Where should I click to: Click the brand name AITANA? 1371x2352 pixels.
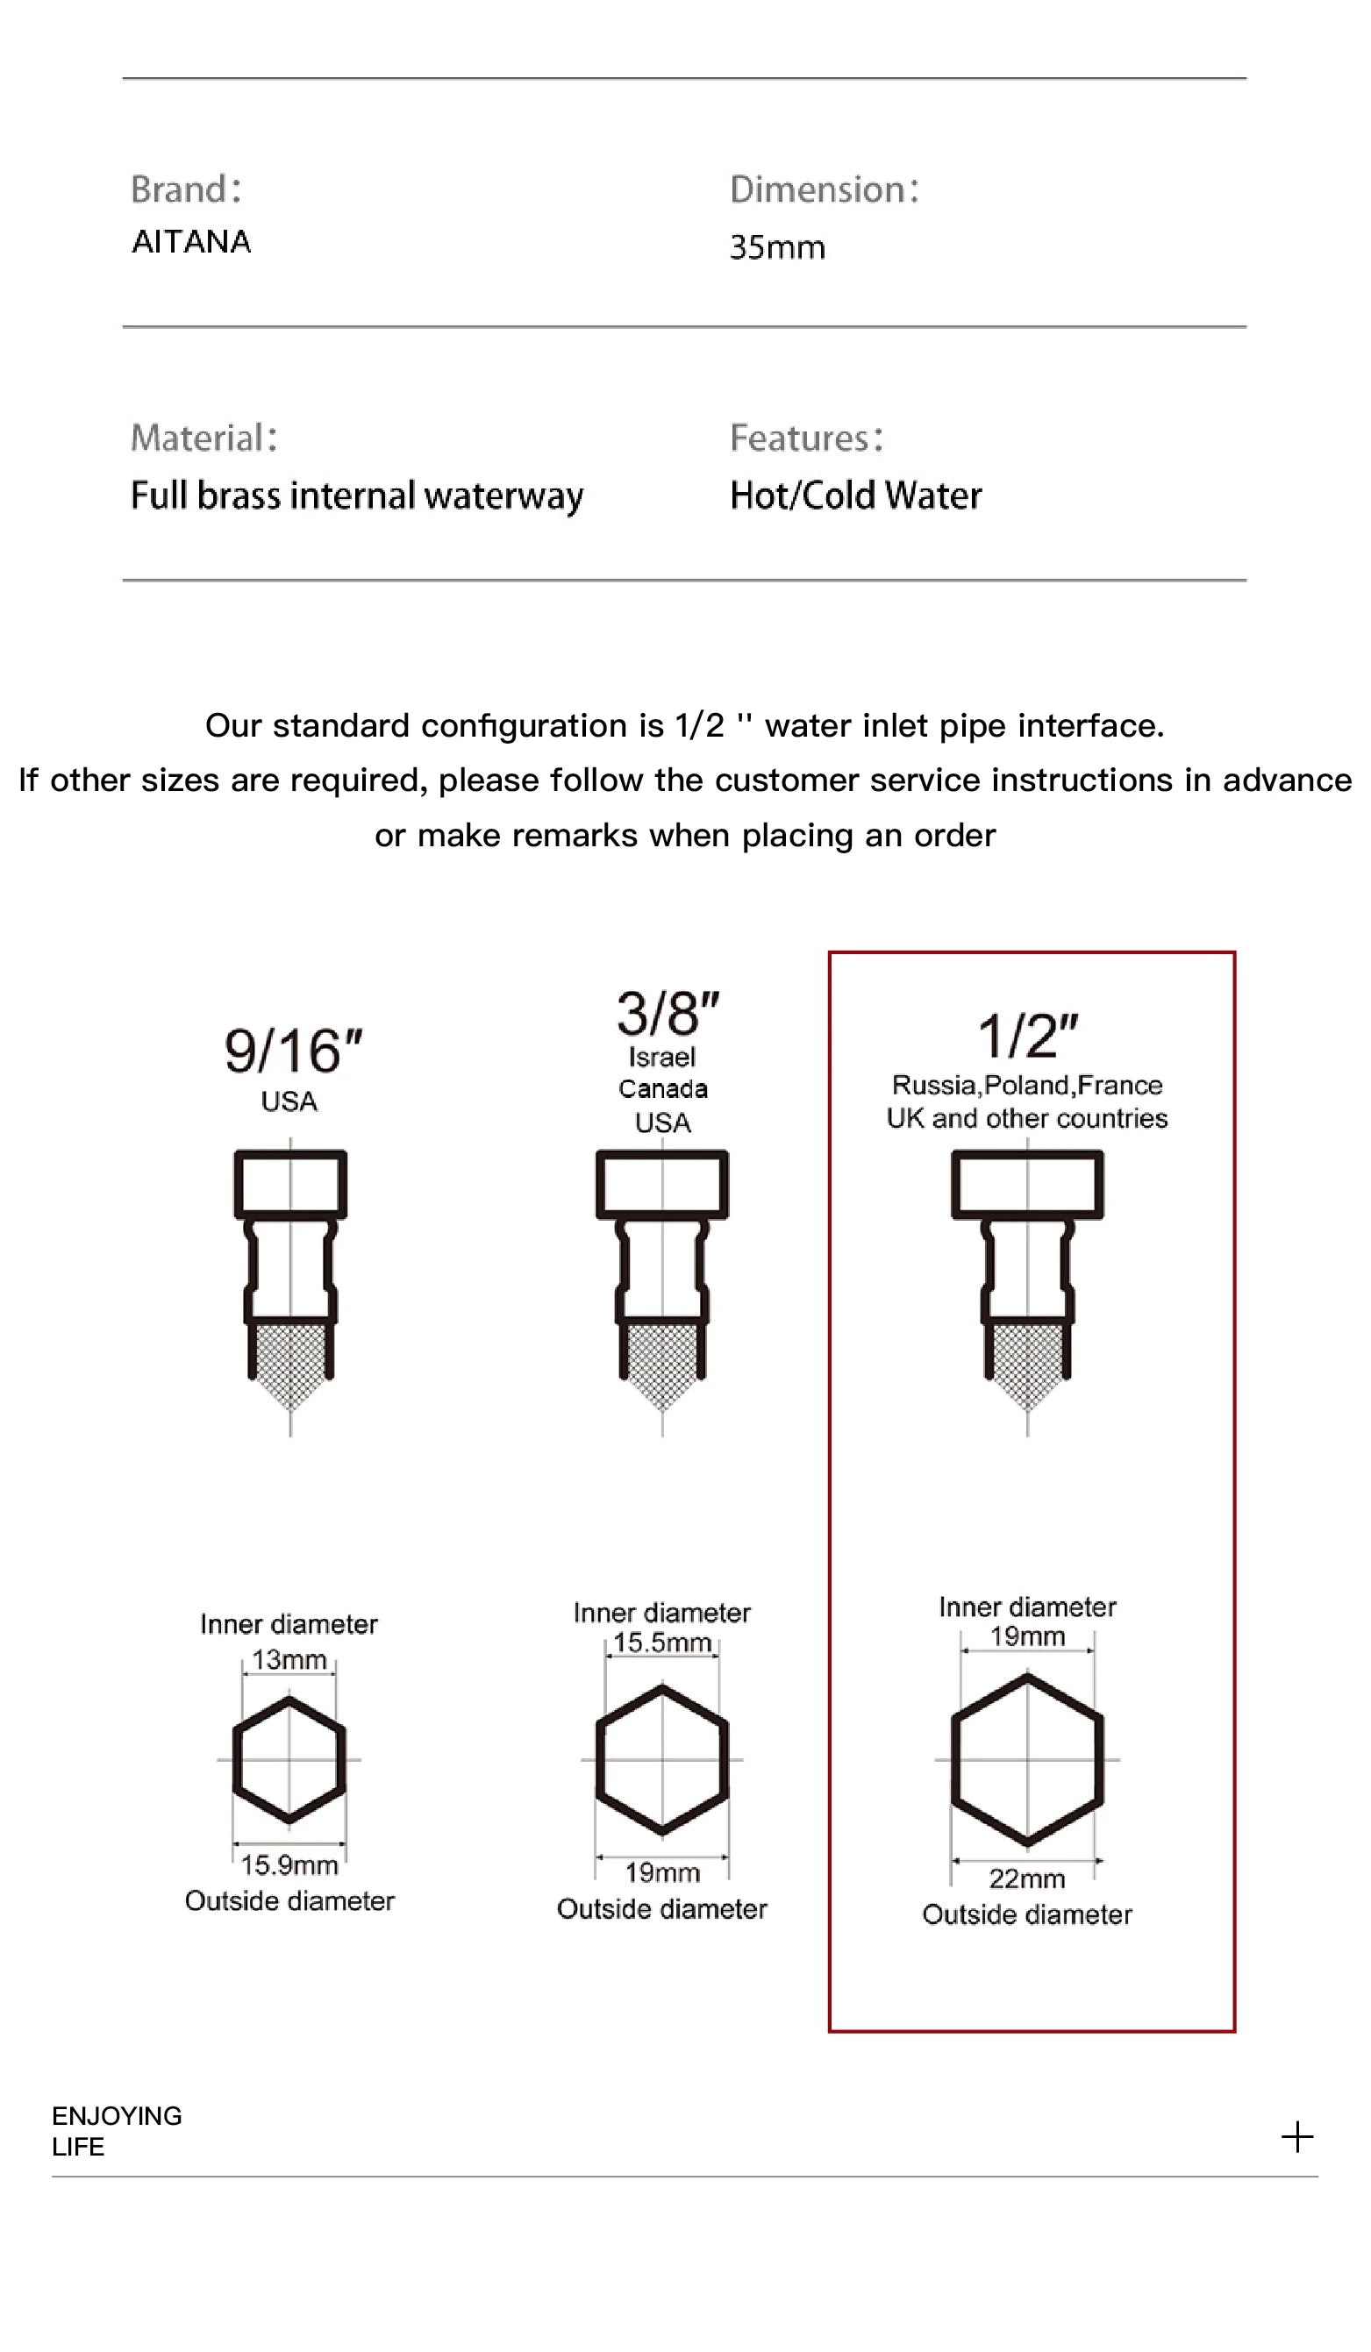tap(191, 242)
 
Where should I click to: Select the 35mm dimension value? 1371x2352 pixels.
tap(776, 247)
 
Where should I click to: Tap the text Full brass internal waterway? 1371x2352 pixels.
tap(356, 495)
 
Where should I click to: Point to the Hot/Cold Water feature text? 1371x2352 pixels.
tap(855, 495)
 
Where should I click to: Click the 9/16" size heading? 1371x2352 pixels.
tap(292, 1051)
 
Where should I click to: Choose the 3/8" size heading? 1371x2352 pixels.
tap(668, 1014)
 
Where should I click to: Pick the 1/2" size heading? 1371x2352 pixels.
tap(1026, 1036)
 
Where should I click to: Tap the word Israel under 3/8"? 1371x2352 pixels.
tap(661, 1058)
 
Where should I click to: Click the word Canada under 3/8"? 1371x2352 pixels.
tap(662, 1089)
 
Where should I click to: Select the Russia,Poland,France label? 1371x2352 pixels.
tap(1026, 1086)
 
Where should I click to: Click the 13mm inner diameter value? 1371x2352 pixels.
tap(289, 1660)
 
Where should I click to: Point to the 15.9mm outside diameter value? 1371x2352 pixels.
tap(289, 1866)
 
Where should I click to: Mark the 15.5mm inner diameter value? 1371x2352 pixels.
tap(662, 1643)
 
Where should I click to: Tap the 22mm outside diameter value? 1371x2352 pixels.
tap(1026, 1878)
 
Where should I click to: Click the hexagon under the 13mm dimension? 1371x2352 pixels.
tap(289, 1760)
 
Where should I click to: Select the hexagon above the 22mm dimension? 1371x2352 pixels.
tap(1026, 1760)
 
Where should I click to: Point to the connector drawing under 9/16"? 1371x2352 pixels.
tap(290, 1269)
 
